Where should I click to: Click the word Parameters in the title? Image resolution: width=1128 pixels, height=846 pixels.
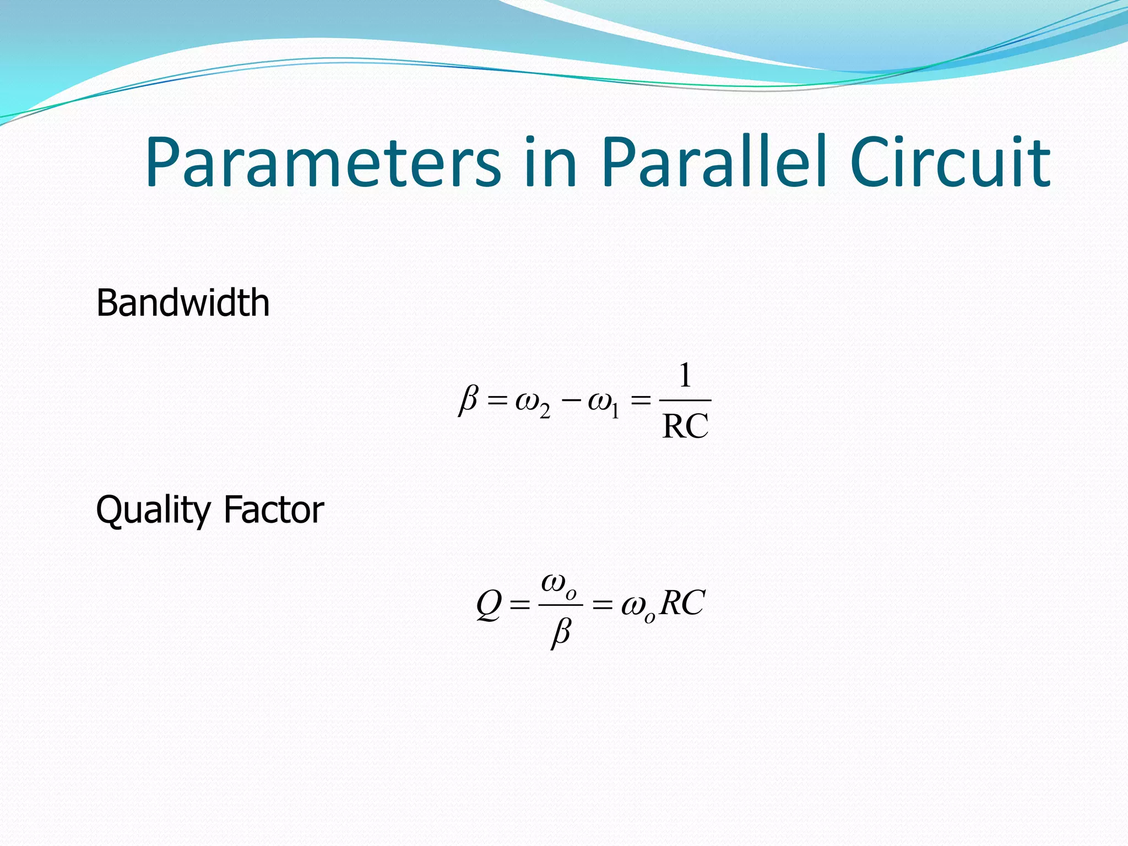323,163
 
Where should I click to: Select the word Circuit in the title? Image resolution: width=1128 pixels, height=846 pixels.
950,163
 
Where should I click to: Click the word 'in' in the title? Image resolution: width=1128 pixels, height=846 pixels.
551,163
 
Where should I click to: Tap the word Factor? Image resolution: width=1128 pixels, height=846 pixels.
274,510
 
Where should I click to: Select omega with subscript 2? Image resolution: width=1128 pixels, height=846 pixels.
532,404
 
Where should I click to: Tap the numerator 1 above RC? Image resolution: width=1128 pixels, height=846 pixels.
685,376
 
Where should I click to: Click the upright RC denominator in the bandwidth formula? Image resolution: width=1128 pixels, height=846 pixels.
685,426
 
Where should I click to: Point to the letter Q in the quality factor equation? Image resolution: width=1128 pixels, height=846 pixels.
489,605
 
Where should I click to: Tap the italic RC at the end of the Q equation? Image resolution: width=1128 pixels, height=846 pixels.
682,604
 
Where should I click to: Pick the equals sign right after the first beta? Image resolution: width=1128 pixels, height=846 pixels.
497,402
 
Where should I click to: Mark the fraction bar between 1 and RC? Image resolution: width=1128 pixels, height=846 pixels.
685,400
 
